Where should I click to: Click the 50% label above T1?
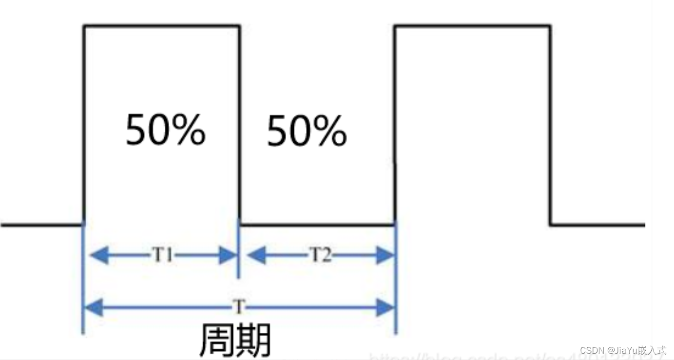pyautogui.click(x=166, y=130)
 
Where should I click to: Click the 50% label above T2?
pyautogui.click(x=307, y=131)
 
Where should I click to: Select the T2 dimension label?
pyautogui.click(x=320, y=255)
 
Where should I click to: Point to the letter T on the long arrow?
pyautogui.click(x=239, y=307)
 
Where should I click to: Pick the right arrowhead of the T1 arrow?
pyautogui.click(x=228, y=255)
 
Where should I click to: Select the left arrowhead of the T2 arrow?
pyautogui.click(x=256, y=255)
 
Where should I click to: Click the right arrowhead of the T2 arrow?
pyautogui.click(x=385, y=255)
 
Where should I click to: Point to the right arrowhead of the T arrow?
pyautogui.click(x=385, y=307)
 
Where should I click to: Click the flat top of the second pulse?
pyautogui.click(x=473, y=26)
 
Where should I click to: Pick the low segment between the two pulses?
pyautogui.click(x=317, y=225)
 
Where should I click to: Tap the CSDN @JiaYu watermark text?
pyautogui.click(x=623, y=350)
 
